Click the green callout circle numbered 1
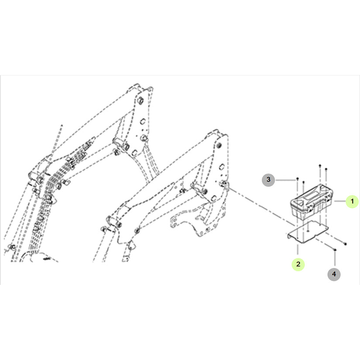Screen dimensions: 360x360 (352, 201)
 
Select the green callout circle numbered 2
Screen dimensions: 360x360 (298, 264)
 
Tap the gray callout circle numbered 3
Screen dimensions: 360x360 (268, 179)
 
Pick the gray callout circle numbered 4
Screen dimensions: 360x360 (334, 274)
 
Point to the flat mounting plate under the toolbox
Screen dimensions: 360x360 (308, 232)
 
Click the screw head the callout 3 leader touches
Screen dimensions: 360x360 (297, 178)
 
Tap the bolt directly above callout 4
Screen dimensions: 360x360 (335, 250)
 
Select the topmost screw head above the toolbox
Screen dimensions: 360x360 (320, 165)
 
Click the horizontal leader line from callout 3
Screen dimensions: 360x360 (285, 180)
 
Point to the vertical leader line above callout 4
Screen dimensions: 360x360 (335, 259)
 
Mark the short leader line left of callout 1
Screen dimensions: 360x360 (340, 201)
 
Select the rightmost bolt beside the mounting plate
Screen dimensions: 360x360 (345, 244)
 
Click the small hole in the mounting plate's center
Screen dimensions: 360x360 (309, 230)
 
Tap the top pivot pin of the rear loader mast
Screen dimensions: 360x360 (140, 100)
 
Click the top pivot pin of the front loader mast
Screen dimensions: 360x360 (218, 145)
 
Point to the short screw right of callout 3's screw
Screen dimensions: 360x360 (304, 182)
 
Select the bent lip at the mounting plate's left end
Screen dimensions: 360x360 (288, 236)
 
